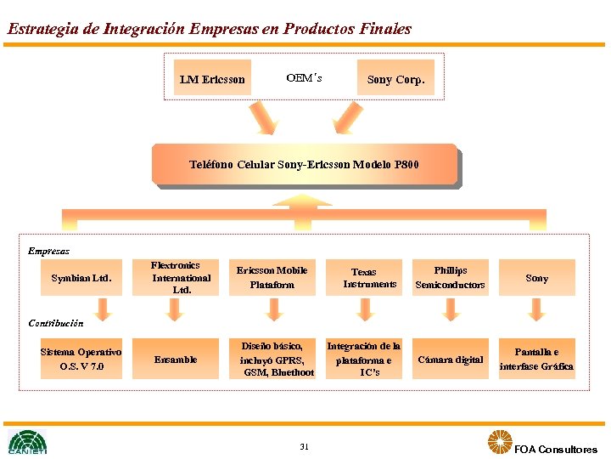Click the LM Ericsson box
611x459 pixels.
point(212,79)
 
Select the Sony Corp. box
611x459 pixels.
point(395,79)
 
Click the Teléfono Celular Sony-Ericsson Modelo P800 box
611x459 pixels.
point(304,164)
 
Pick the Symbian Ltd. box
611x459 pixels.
point(81,278)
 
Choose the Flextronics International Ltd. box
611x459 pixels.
point(175,277)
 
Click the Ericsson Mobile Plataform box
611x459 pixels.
point(272,277)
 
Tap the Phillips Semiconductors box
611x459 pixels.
point(450,277)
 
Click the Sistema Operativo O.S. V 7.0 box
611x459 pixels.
point(81,359)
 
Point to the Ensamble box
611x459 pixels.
point(175,360)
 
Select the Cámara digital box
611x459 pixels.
point(450,360)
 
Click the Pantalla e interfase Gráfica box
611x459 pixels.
point(536,359)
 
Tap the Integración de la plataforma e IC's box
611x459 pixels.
point(366,359)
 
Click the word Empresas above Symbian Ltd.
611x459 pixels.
point(48,251)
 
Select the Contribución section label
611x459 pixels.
point(55,323)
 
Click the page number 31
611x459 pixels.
point(304,446)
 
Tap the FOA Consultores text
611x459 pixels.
point(556,449)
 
